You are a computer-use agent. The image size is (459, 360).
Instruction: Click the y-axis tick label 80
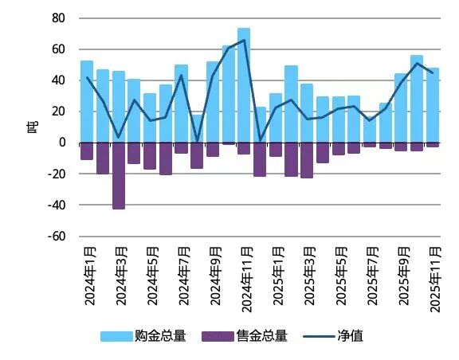click(58, 18)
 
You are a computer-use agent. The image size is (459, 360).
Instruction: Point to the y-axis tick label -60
click(56, 237)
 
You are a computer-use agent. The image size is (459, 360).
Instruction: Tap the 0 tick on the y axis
click(61, 143)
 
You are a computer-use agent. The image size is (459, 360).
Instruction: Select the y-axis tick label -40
click(56, 205)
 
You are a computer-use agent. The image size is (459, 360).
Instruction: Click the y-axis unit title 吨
click(33, 127)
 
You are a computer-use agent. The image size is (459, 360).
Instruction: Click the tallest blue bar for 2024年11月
click(244, 85)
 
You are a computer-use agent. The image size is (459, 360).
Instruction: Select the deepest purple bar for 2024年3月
click(118, 175)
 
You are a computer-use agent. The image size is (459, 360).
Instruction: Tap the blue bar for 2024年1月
click(87, 102)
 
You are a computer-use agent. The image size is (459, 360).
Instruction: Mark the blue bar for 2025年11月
click(433, 105)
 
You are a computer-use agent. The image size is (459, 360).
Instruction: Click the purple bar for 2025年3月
click(307, 159)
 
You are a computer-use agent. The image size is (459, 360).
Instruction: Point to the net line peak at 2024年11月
click(244, 40)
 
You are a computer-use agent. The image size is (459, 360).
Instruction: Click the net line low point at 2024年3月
click(118, 137)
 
